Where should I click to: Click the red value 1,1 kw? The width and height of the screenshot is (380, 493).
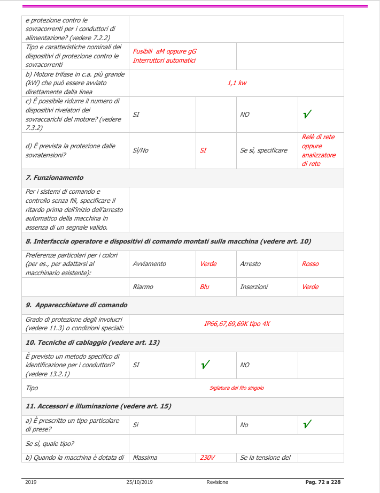point(237,83)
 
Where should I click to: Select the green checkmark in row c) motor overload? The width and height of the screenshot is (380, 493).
point(307,114)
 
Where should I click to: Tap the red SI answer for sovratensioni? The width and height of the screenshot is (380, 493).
point(203,150)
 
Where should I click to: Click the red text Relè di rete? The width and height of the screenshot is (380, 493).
point(319,137)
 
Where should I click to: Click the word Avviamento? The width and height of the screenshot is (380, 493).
point(149,264)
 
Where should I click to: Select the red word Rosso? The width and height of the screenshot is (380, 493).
point(310,264)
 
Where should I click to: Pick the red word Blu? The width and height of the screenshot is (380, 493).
point(205,287)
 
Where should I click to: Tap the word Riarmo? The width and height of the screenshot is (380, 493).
point(143,287)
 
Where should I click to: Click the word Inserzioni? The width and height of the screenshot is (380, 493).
point(254,287)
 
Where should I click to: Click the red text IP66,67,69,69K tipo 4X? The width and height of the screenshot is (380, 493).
point(237,324)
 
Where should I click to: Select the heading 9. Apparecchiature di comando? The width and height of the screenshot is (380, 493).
point(76,305)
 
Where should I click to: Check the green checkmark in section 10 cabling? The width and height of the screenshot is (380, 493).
point(205,365)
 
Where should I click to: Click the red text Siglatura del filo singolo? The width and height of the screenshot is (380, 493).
point(237,388)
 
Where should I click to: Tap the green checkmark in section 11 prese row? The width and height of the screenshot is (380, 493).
point(307,424)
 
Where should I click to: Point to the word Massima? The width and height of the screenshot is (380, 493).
point(145,458)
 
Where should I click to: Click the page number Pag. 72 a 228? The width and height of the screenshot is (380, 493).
point(323,482)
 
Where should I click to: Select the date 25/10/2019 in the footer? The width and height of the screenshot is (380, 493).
point(139,482)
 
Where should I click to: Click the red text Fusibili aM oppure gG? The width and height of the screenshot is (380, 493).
point(165,51)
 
